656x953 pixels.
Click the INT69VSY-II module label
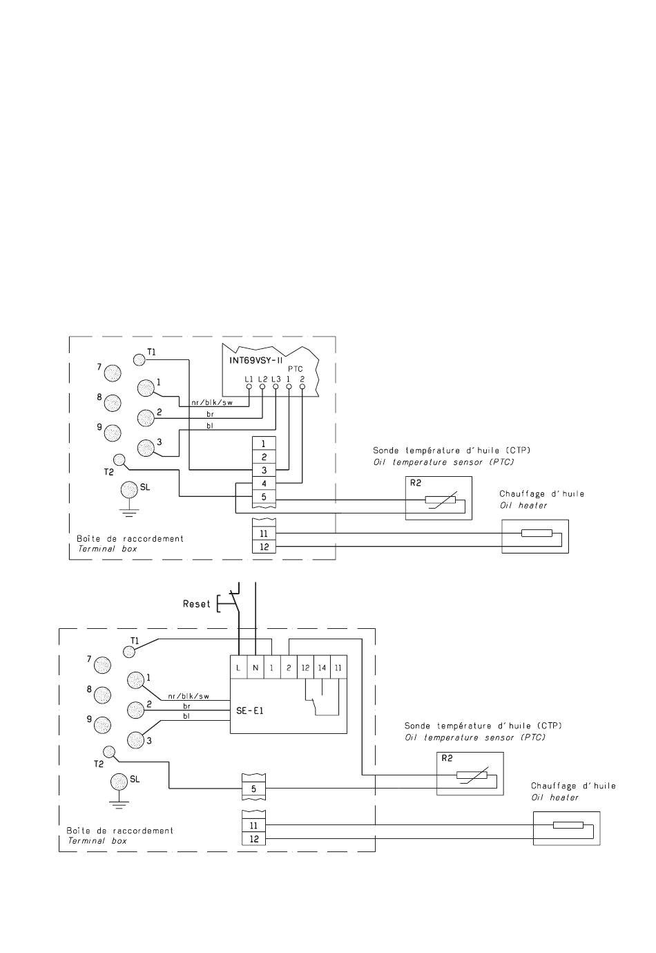[x=255, y=360]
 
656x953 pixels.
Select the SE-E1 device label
[x=249, y=710]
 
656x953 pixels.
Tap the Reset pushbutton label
[x=196, y=603]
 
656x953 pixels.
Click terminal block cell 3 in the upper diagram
[x=264, y=470]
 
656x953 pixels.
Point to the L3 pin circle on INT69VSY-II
[x=276, y=386]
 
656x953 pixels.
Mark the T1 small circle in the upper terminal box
[x=139, y=360]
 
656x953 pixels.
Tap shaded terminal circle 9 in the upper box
[x=113, y=433]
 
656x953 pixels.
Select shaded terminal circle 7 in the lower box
[x=102, y=665]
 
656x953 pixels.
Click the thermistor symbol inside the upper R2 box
[x=441, y=500]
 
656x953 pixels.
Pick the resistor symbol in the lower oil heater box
[x=568, y=825]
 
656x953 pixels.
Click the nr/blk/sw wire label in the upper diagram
[x=212, y=402]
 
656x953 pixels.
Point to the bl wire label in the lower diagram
[x=186, y=716]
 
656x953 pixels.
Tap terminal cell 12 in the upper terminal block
[x=264, y=547]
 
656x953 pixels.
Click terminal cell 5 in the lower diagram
[x=253, y=789]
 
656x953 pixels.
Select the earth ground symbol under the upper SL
[x=129, y=512]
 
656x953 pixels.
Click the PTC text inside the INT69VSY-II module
[x=296, y=369]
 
